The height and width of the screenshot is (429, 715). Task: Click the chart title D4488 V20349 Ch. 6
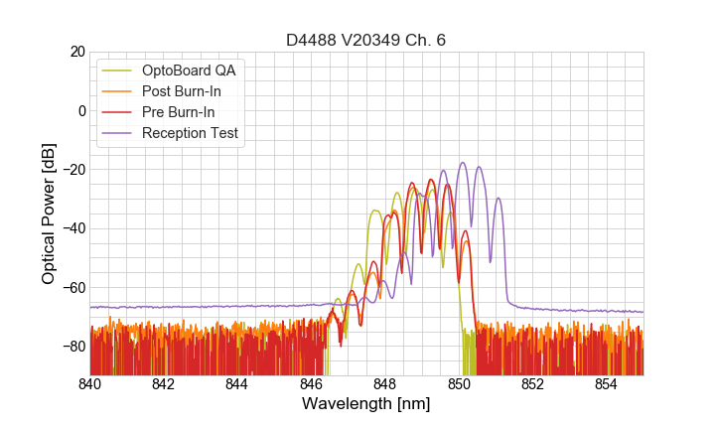pyautogui.click(x=365, y=40)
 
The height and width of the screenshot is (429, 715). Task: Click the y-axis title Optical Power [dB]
pyautogui.click(x=49, y=214)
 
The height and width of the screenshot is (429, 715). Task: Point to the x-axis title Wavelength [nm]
pyautogui.click(x=365, y=404)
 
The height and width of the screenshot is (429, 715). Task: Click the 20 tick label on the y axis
pyautogui.click(x=77, y=52)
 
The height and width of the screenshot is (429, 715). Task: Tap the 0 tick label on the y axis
pyautogui.click(x=81, y=110)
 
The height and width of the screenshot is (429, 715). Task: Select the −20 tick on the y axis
pyautogui.click(x=73, y=170)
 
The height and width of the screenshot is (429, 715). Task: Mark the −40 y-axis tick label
pyautogui.click(x=73, y=228)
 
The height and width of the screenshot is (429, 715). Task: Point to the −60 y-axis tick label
pyautogui.click(x=73, y=287)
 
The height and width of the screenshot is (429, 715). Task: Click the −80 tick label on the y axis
pyautogui.click(x=73, y=347)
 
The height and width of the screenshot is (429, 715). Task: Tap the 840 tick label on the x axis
pyautogui.click(x=90, y=383)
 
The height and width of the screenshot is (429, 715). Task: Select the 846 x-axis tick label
pyautogui.click(x=311, y=383)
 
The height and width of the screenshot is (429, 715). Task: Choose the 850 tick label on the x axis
pyautogui.click(x=459, y=383)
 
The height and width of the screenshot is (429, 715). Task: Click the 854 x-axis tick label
pyautogui.click(x=606, y=383)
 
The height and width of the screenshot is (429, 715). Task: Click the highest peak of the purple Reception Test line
pyautogui.click(x=463, y=163)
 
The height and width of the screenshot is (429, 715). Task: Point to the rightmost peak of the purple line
pyautogui.click(x=499, y=199)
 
